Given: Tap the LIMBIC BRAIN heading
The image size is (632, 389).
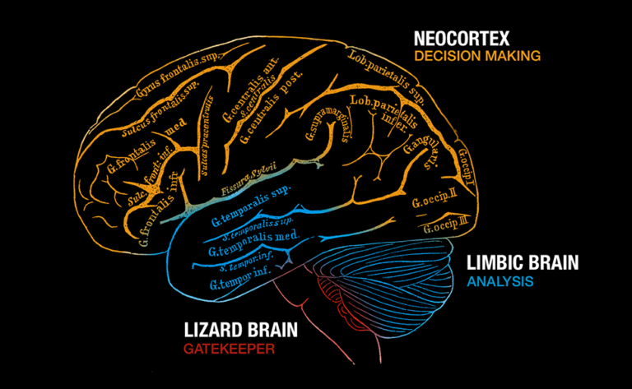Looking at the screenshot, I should click(523, 263).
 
